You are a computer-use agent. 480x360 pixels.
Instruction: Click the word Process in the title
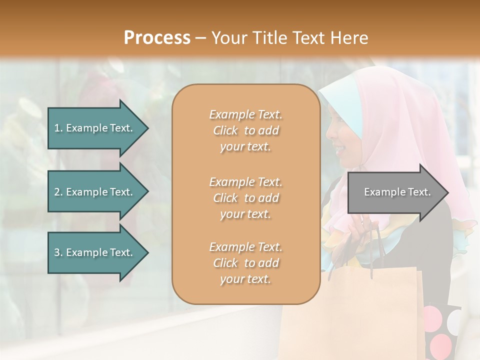(157, 37)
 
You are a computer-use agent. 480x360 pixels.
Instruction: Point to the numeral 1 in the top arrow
(57, 128)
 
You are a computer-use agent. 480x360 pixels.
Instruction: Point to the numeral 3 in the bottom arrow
(57, 252)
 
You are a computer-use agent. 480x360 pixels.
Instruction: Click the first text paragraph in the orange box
(245, 130)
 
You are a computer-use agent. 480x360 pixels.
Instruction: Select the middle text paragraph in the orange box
(245, 198)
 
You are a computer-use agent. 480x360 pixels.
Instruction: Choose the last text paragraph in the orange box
(245, 263)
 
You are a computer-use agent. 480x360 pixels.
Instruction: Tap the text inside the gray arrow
(397, 192)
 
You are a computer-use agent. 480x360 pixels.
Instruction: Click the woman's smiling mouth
(339, 148)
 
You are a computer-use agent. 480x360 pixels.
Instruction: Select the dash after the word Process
(201, 38)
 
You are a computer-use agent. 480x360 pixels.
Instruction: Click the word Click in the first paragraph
(225, 130)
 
